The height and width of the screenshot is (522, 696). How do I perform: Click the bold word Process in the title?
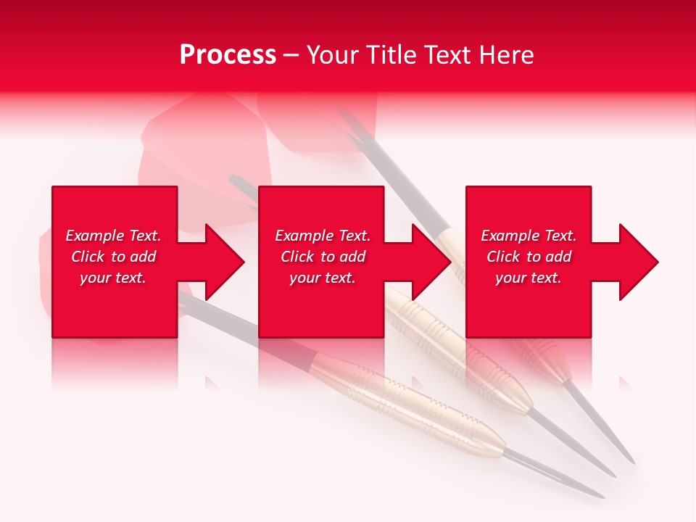228,55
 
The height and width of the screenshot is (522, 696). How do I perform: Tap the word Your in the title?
334,55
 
